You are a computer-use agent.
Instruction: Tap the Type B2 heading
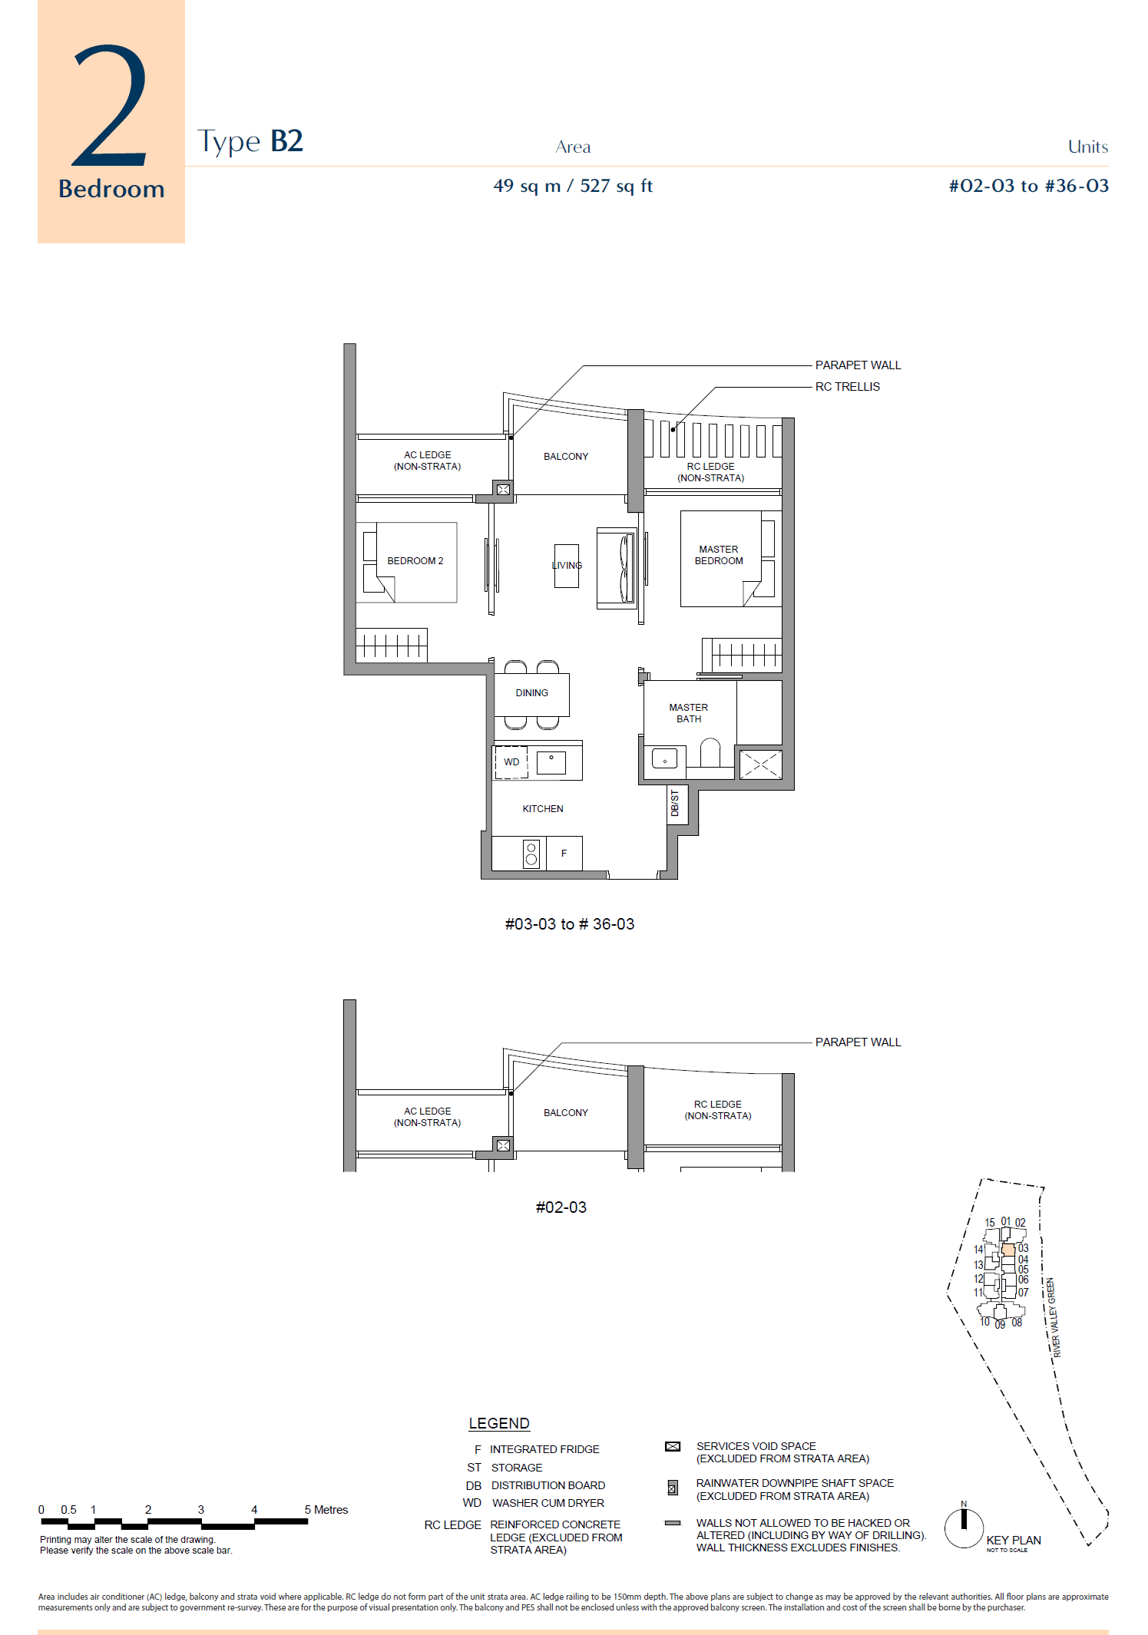tap(250, 141)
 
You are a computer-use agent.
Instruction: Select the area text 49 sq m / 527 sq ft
tap(573, 186)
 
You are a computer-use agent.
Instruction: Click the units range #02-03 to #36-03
tap(1028, 186)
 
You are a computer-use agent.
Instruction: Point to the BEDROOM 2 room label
tap(415, 561)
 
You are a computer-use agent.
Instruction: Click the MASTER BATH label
tap(688, 713)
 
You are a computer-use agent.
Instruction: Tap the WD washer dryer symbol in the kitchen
tap(511, 762)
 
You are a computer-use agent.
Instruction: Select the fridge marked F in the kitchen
tap(564, 854)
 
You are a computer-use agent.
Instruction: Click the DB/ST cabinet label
tap(675, 803)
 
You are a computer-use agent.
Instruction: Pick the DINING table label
tap(531, 693)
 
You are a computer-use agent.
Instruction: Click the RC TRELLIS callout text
tap(847, 387)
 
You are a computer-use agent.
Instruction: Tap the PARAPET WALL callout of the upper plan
tap(858, 365)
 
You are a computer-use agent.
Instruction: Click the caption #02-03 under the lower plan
tap(561, 1207)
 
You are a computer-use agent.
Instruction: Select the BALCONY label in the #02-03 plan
tap(565, 1113)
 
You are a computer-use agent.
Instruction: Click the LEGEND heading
tap(498, 1424)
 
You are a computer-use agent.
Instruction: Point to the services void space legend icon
tap(673, 1446)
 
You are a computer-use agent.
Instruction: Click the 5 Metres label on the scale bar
tap(326, 1510)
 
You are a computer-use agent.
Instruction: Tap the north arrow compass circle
tap(964, 1528)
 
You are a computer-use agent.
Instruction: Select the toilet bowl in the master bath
tap(710, 753)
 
